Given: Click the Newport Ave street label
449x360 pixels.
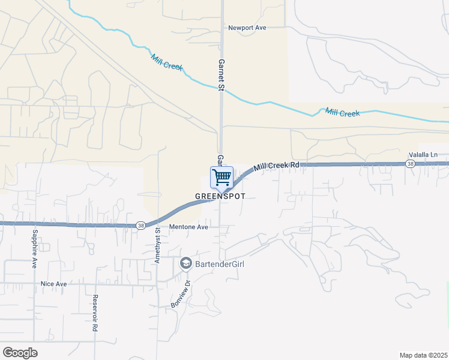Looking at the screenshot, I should coord(247,27).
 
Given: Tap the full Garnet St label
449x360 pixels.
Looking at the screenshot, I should coord(221,75).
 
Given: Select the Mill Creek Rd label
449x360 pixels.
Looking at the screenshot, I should coord(276,166).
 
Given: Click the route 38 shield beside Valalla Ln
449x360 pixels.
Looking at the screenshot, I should coord(410,163).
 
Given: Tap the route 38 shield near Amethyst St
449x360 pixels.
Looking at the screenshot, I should coord(140,225).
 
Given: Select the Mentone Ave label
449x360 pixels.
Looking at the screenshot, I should coord(188,227).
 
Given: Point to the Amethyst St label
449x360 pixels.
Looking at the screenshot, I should coord(158,245).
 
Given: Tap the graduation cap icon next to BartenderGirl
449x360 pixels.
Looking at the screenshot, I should coord(186,263).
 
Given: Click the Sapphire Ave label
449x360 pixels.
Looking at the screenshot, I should coord(35,248).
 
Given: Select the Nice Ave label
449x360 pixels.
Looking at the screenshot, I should coord(53,283).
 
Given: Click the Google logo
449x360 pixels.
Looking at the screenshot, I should coord(20,353).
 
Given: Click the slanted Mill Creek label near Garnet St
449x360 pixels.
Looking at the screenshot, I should coord(167,62).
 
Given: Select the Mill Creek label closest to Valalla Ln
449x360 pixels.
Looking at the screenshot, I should coord(342,112).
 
